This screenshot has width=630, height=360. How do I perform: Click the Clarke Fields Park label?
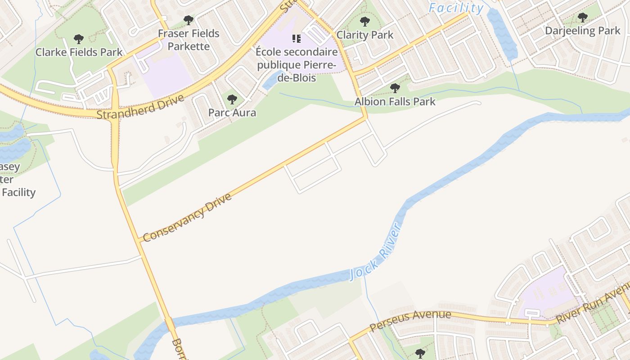click(x=79, y=52)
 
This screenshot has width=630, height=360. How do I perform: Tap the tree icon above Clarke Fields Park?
click(x=79, y=39)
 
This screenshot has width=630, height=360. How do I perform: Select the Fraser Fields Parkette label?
click(x=189, y=40)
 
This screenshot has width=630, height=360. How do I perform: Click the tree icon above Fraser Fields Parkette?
click(x=189, y=20)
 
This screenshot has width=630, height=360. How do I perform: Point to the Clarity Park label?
click(x=365, y=35)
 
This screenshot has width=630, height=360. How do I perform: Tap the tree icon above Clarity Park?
click(x=365, y=21)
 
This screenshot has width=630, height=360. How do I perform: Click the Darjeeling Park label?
click(x=583, y=31)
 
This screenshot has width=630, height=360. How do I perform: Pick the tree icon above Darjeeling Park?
click(x=583, y=18)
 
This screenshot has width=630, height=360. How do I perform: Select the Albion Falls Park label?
click(x=395, y=101)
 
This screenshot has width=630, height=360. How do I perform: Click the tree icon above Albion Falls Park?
click(x=395, y=88)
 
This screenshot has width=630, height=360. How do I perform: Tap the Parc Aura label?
click(x=232, y=112)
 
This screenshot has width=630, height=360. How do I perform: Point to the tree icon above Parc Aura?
click(x=232, y=99)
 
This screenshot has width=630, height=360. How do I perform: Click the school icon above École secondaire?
click(x=296, y=39)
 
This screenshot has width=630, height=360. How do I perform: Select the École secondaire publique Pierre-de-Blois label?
click(x=296, y=65)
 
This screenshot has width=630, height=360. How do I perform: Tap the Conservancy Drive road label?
click(x=187, y=217)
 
